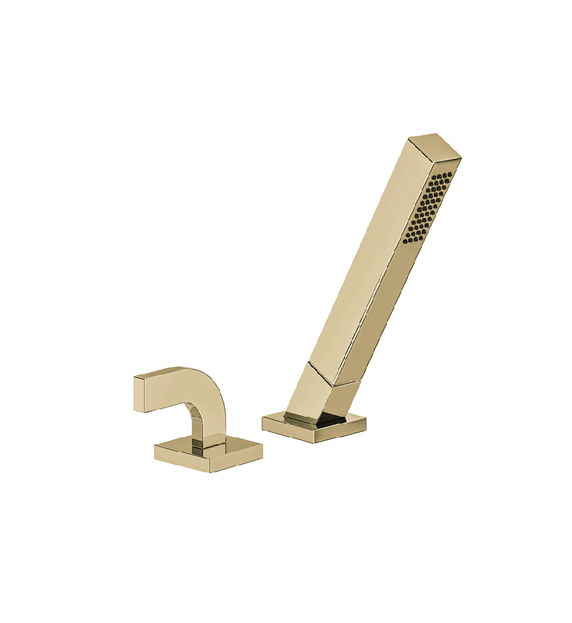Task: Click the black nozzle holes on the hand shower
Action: coord(429,209)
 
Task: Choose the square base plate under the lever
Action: coord(208,455)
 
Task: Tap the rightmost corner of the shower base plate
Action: coord(365,419)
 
